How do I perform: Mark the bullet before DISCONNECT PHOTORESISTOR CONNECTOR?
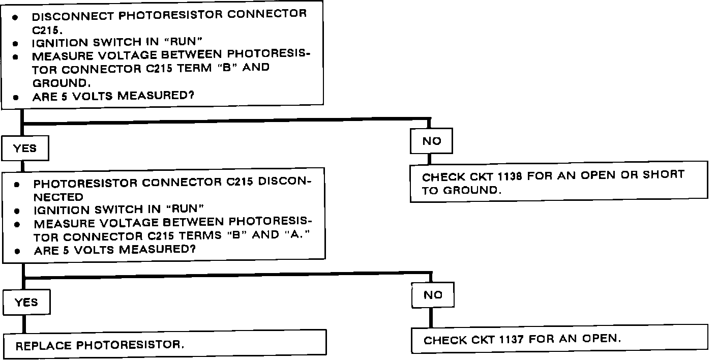click(16, 17)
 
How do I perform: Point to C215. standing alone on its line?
click(47, 29)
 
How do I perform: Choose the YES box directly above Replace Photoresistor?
click(26, 303)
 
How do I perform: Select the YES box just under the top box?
click(25, 148)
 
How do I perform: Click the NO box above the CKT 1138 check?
click(432, 141)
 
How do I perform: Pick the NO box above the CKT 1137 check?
click(433, 295)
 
